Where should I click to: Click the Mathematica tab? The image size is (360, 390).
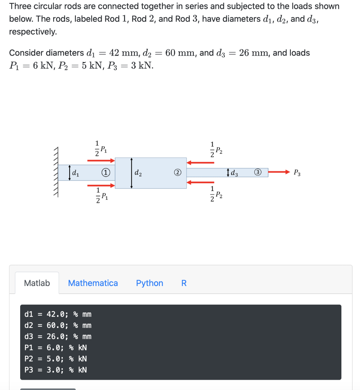[93, 283]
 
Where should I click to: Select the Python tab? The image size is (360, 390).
[150, 283]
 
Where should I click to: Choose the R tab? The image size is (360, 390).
[184, 283]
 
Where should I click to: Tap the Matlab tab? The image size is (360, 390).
[37, 283]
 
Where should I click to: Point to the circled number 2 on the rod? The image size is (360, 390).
[177, 173]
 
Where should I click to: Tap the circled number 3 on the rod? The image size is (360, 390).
[258, 173]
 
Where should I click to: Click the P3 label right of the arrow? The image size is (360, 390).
[297, 173]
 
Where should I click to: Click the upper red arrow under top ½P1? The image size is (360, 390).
[101, 160]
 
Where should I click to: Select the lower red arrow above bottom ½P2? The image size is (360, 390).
[201, 182]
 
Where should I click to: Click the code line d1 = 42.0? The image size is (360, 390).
[57, 314]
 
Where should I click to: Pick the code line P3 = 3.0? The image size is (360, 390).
[56, 369]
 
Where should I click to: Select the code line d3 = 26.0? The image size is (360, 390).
[57, 336]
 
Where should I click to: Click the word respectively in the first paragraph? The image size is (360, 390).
[33, 32]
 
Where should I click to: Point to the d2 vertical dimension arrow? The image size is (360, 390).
[131, 173]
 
